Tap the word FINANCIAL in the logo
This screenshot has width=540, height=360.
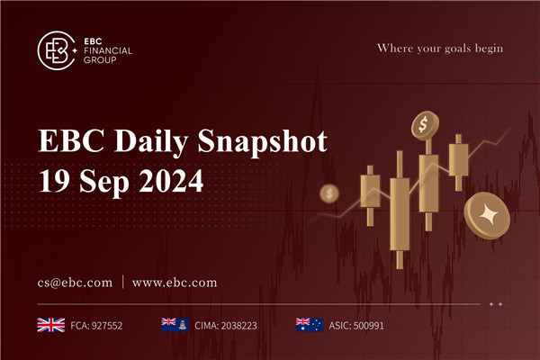[106, 51]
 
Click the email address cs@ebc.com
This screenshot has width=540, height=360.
[74, 283]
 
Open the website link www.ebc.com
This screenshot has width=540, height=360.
[175, 283]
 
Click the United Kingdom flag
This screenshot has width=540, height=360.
[49, 324]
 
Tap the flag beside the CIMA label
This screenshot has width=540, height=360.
[173, 324]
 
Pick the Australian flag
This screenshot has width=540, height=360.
[308, 324]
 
